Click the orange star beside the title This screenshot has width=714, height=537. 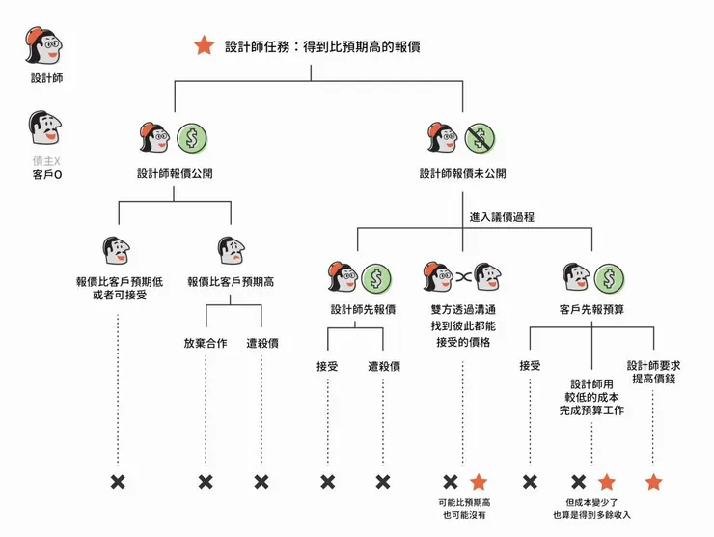[x=204, y=45]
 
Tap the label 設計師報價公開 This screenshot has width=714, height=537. [x=174, y=174]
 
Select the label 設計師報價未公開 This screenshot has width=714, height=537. [x=462, y=174]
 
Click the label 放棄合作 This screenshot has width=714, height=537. [x=206, y=343]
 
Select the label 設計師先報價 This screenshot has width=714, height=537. [x=357, y=310]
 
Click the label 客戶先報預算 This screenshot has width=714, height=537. [x=590, y=310]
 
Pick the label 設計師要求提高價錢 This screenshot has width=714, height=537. [x=654, y=372]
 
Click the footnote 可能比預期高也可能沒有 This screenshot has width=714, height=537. [x=464, y=509]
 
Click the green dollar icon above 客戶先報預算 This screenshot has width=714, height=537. [x=608, y=279]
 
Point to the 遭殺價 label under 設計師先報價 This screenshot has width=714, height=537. [x=384, y=366]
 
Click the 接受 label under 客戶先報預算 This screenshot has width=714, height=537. [x=530, y=366]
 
